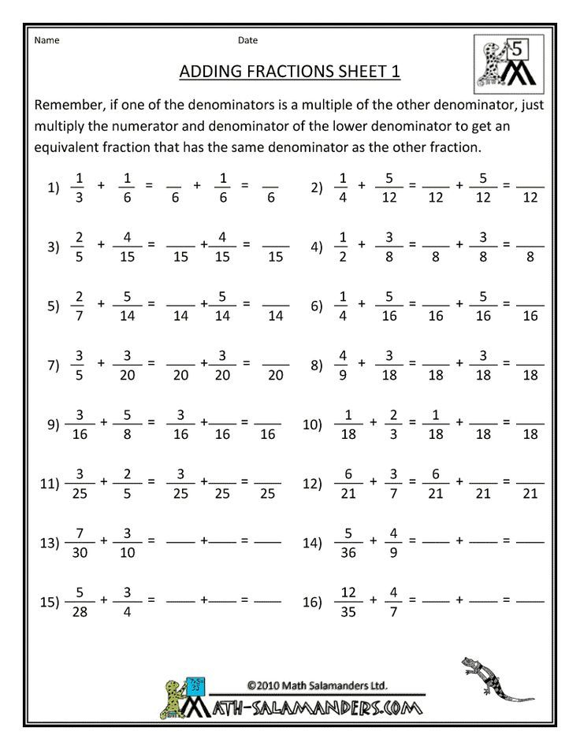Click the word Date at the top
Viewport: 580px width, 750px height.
[x=247, y=40]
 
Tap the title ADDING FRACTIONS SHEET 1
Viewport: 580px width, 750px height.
[x=290, y=72]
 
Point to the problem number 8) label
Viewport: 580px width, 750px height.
[x=318, y=365]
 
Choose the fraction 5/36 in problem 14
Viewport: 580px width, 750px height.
[x=345, y=542]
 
